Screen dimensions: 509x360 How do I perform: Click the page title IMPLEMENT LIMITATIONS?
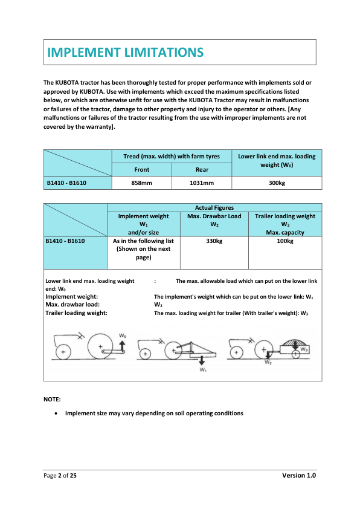point(126,53)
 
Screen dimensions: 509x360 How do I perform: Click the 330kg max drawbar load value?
point(214,241)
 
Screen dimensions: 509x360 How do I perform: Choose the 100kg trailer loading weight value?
point(285,241)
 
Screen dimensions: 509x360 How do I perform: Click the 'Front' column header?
point(141,169)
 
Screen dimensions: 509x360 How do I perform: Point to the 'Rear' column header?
point(202,169)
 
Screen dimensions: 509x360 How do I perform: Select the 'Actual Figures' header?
point(214,207)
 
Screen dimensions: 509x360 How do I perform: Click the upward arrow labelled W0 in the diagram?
point(122,346)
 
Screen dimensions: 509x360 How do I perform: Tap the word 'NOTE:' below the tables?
point(52,400)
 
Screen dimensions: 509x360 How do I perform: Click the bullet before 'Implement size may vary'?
point(56,413)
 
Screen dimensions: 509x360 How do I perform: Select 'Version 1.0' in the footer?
point(299,476)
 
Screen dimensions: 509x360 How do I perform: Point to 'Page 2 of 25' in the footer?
point(60,476)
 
